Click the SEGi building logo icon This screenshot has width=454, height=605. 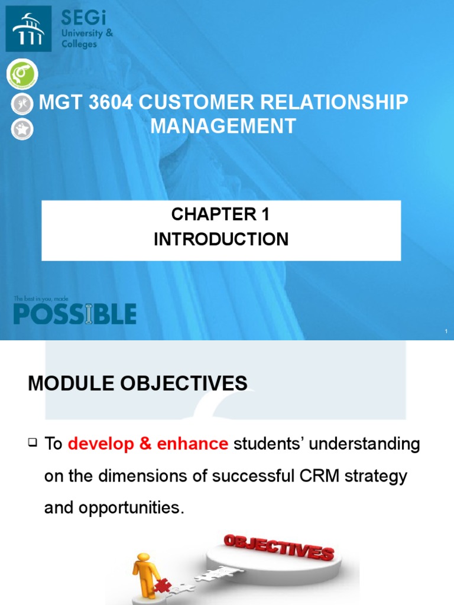(x=28, y=28)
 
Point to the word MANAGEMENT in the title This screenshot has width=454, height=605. (x=222, y=126)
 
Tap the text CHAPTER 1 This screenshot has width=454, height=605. (x=220, y=215)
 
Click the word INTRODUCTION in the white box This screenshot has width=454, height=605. (x=220, y=239)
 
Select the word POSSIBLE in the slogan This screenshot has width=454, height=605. (x=74, y=314)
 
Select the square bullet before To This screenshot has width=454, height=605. (x=33, y=441)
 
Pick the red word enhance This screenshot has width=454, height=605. (x=193, y=445)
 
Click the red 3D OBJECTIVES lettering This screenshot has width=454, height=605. (x=278, y=547)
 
